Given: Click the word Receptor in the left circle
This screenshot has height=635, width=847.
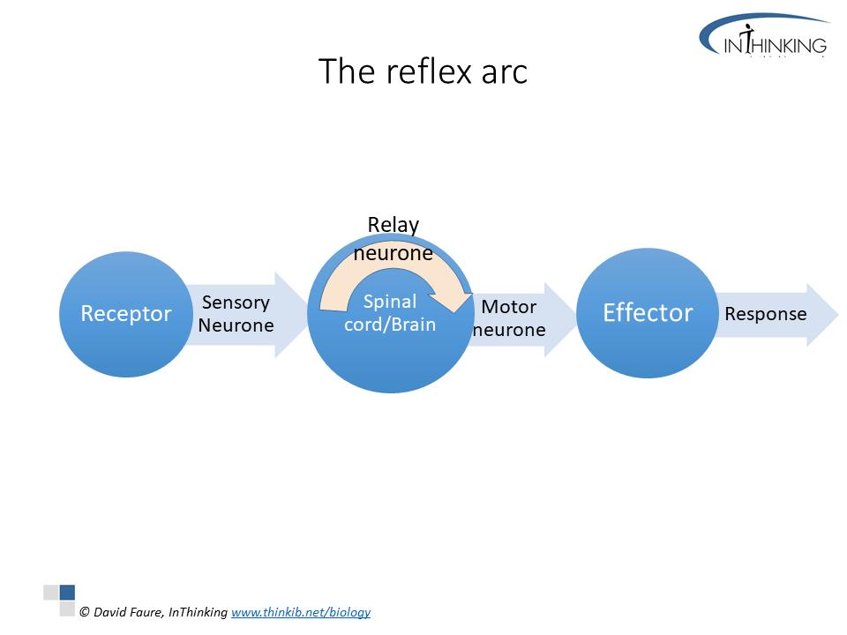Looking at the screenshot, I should (x=125, y=313).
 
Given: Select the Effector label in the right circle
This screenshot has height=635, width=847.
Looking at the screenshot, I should (x=648, y=312).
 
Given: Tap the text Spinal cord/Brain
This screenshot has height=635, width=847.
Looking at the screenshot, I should (x=390, y=313).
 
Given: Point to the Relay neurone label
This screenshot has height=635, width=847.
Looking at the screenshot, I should (x=393, y=239).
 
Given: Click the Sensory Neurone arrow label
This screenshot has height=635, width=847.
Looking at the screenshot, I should (x=236, y=314).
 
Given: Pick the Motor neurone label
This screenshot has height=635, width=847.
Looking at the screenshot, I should (x=509, y=319).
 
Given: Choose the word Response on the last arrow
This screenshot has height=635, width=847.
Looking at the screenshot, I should (x=765, y=314).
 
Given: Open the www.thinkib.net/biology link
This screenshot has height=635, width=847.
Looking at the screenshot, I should (x=301, y=612).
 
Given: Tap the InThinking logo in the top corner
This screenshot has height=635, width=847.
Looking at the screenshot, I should (x=764, y=36).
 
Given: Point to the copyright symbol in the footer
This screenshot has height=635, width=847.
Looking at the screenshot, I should (x=85, y=612).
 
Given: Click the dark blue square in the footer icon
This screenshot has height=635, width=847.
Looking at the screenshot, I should (x=67, y=593).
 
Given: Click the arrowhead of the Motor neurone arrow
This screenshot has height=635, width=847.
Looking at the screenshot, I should (x=561, y=319).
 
